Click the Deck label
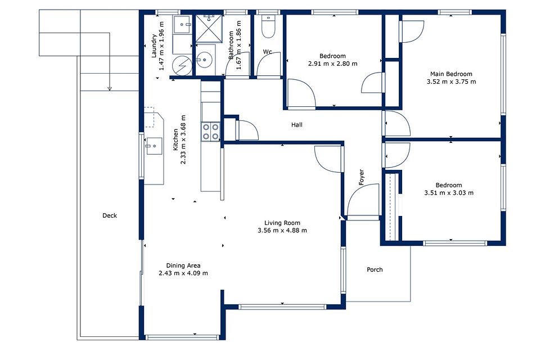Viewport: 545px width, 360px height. (x=110, y=215)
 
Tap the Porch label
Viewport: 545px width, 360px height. (x=375, y=269)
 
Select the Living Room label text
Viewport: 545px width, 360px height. (x=282, y=223)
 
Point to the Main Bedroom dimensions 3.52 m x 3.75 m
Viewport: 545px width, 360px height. (x=451, y=82)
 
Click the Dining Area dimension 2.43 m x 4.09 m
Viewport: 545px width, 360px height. (x=183, y=273)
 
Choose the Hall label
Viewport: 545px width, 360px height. (x=297, y=125)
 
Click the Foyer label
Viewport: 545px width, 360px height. (x=362, y=177)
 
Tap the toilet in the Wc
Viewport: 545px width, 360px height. (x=268, y=26)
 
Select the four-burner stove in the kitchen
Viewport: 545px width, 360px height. (x=210, y=132)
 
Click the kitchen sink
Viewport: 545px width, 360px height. (x=154, y=146)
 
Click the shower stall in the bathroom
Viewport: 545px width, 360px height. (x=209, y=28)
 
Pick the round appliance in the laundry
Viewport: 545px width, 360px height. (x=182, y=65)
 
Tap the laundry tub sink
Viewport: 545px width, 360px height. (x=183, y=24)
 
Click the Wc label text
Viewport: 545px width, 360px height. (x=267, y=52)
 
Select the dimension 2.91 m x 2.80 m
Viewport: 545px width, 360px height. (x=332, y=64)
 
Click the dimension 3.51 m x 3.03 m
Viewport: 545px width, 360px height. (x=449, y=193)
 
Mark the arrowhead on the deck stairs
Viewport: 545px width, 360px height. (x=110, y=89)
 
